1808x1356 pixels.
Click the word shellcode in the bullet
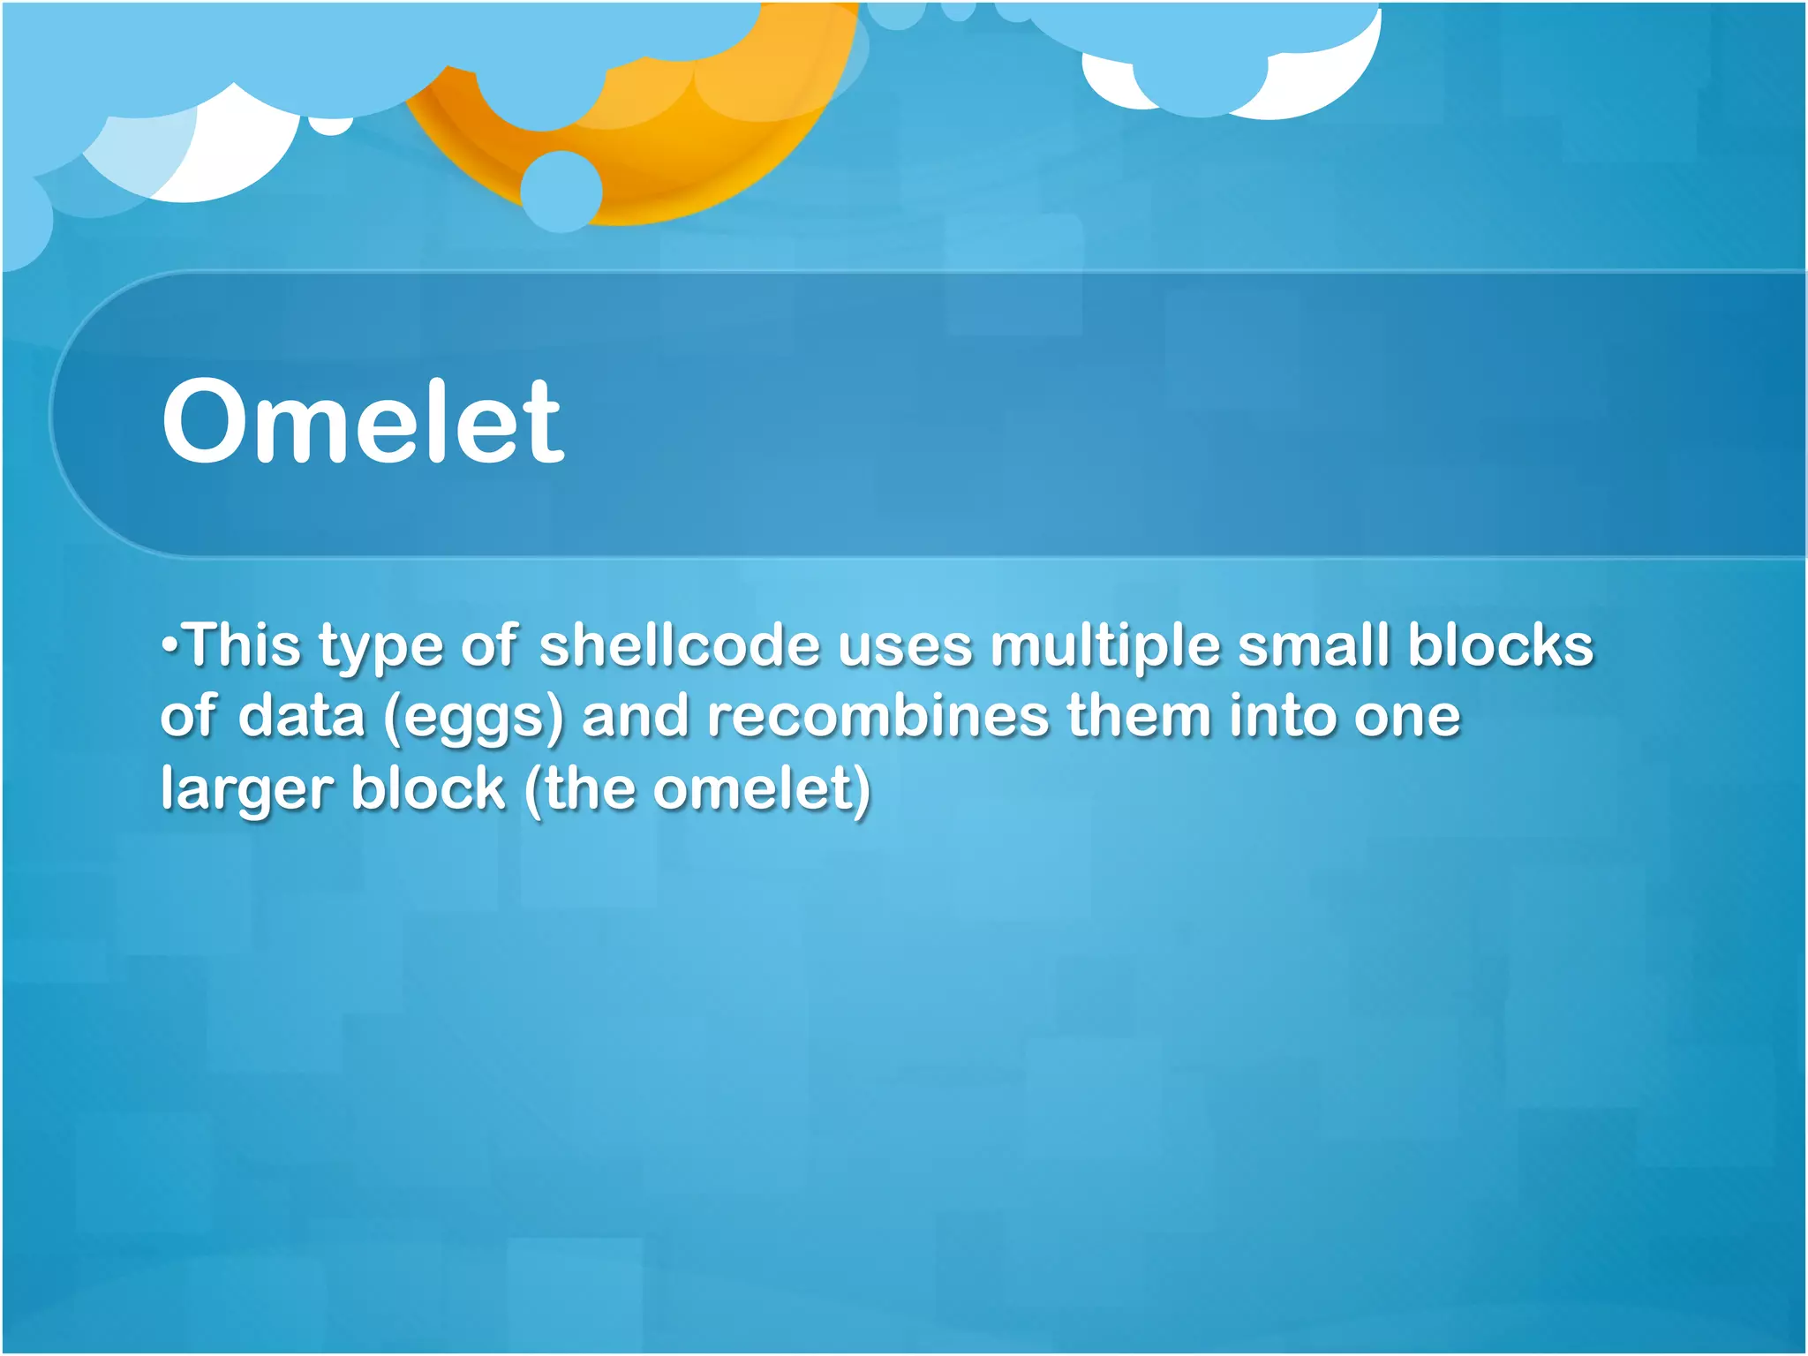(680, 645)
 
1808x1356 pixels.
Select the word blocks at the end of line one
(1500, 645)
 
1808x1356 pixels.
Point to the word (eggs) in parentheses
(473, 716)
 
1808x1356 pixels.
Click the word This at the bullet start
(243, 645)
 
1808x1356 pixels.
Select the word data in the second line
(301, 716)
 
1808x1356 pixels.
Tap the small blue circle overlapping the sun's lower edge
(561, 192)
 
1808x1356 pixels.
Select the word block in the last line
(427, 788)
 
